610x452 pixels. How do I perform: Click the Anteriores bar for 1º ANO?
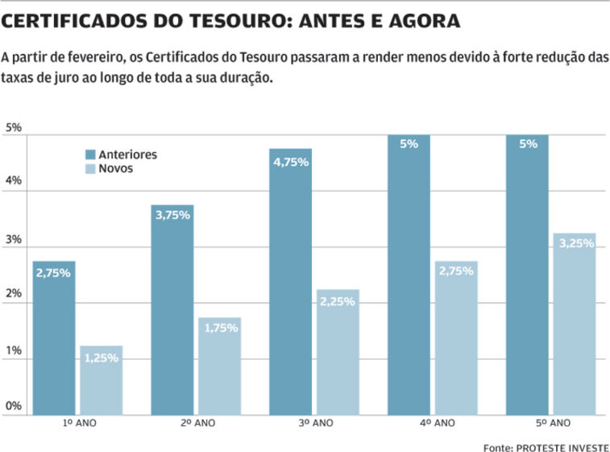[x=53, y=338]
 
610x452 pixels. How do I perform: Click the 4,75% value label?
[x=290, y=161]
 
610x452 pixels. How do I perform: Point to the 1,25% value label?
[x=101, y=358]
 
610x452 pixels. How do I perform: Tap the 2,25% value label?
[x=338, y=301]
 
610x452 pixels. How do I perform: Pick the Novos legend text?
[x=116, y=169]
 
